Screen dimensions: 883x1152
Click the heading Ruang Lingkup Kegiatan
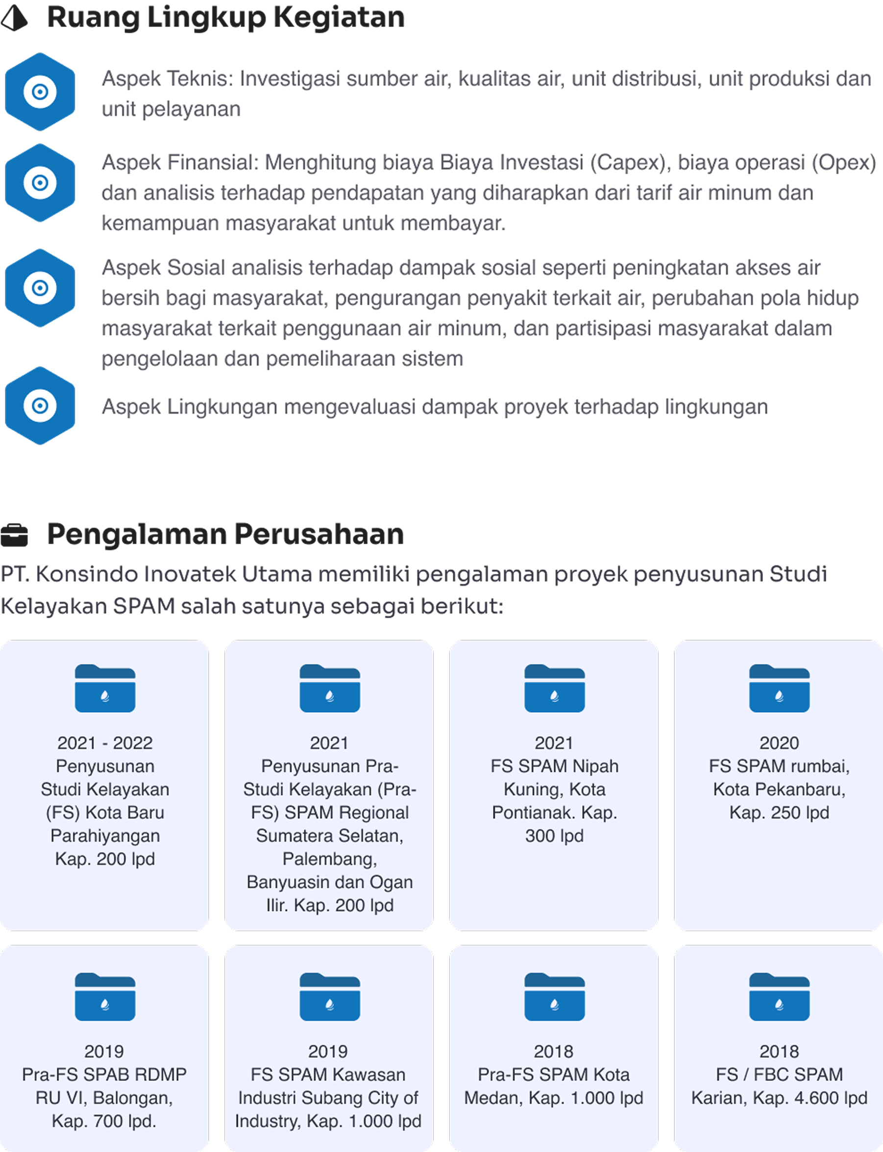[x=226, y=17]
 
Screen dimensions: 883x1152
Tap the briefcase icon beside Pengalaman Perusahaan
[x=14, y=535]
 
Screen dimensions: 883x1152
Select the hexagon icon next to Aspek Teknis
[x=40, y=92]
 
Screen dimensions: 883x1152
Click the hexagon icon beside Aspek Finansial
[x=40, y=183]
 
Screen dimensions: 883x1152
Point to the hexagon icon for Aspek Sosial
[x=40, y=288]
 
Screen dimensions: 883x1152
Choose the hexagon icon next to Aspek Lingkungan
[x=40, y=406]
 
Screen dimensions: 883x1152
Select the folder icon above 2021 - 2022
[x=105, y=688]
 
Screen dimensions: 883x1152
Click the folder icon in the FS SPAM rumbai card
[x=780, y=688]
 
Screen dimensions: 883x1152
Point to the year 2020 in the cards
[x=779, y=743]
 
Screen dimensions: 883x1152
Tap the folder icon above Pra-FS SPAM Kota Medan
[x=555, y=997]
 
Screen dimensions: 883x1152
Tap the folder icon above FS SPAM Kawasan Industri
[x=330, y=997]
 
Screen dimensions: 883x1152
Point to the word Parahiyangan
[x=105, y=836]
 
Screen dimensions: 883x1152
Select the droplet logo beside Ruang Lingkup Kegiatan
[x=14, y=18]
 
